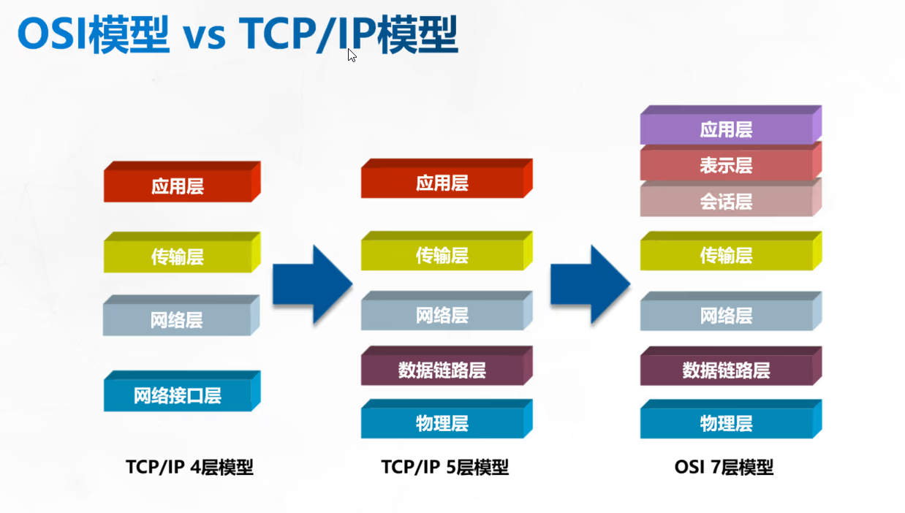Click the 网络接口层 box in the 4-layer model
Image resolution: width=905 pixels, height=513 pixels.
(178, 395)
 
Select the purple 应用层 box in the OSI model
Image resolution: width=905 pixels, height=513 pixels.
(726, 129)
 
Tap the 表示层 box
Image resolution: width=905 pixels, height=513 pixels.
(726, 165)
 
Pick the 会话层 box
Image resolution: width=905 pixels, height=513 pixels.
(726, 201)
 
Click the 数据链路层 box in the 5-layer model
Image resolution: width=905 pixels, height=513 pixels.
(442, 370)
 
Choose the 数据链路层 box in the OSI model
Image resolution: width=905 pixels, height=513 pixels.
(726, 370)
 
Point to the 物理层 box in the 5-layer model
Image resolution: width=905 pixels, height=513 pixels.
(442, 423)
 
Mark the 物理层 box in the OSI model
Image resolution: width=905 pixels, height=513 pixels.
(726, 423)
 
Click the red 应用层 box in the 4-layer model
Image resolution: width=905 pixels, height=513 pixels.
(178, 186)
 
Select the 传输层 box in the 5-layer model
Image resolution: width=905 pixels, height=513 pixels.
(442, 256)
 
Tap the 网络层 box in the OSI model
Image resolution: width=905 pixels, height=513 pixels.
(726, 316)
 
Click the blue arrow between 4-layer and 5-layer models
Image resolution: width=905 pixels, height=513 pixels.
(312, 284)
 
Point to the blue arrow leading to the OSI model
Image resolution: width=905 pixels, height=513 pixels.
(590, 284)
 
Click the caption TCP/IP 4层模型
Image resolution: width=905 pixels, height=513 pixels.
(189, 467)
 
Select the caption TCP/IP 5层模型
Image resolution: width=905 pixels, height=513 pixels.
(444, 467)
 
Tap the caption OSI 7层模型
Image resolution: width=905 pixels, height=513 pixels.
(724, 467)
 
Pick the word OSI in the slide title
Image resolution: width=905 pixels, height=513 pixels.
(53, 35)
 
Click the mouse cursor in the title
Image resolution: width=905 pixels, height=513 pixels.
(352, 55)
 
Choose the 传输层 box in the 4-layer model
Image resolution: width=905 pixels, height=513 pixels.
(178, 256)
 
